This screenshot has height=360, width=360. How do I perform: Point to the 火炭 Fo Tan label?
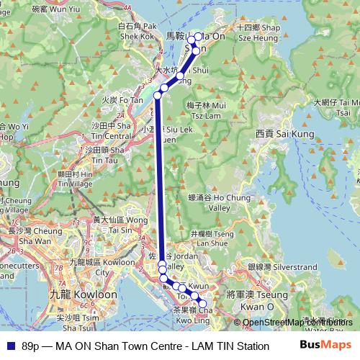point(117,101)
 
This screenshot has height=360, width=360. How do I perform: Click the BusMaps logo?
point(325,346)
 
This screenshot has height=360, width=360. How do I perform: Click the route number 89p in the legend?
point(31,346)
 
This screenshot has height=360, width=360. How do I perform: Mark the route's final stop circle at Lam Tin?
point(202,305)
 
